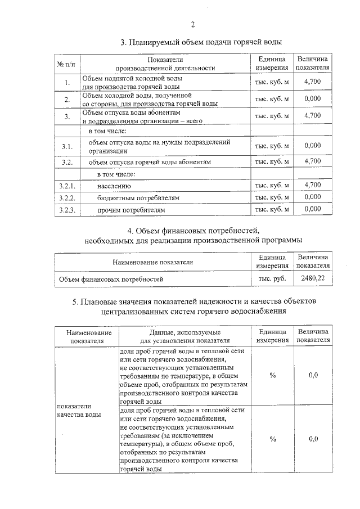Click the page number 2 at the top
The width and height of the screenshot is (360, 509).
pos(192,24)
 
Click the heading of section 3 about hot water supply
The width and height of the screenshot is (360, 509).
pos(201,42)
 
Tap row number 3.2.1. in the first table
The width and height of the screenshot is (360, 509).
pos(66,185)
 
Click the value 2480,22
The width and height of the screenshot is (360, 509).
pos(313,278)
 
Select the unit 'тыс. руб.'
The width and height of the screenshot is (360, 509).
pos(272,278)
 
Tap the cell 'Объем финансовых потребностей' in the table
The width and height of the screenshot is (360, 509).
pos(111,278)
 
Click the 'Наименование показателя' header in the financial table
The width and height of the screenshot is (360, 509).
pos(152,262)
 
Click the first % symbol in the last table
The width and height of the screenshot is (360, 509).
pos(272,375)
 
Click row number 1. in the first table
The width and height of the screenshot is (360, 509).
pos(66,83)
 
